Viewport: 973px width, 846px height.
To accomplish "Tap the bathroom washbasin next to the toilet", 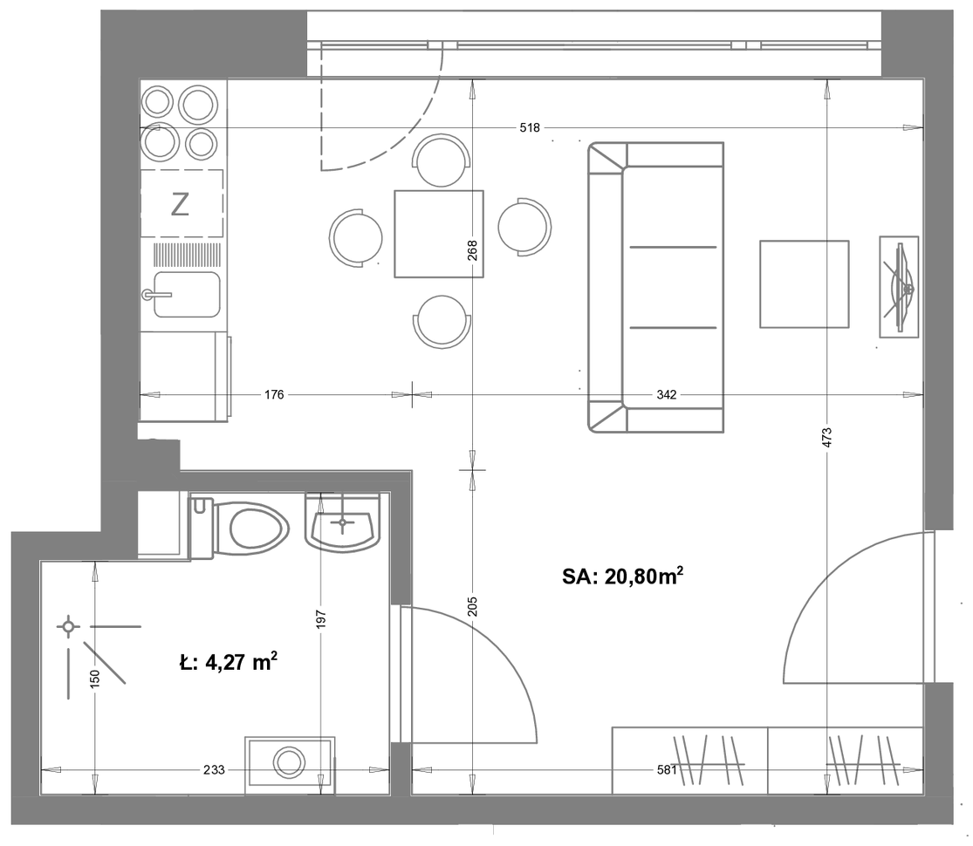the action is (x=343, y=522).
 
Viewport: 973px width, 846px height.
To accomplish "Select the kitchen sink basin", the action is (x=187, y=295).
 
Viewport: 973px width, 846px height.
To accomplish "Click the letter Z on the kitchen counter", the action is (x=180, y=204).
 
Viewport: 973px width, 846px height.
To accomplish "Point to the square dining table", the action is (x=439, y=234).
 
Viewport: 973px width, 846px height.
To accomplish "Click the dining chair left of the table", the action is (x=355, y=238).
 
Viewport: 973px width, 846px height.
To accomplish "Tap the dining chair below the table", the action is (x=442, y=322).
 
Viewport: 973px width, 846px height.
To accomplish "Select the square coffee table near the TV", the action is (x=805, y=284).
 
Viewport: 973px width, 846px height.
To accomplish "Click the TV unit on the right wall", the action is (x=899, y=287).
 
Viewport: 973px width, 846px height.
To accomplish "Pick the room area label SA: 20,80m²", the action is (x=623, y=577).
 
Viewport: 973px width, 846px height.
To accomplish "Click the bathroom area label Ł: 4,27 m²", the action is (x=229, y=663).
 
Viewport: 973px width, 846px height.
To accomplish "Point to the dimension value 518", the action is (x=530, y=127).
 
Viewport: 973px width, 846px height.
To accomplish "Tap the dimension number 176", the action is (x=274, y=394).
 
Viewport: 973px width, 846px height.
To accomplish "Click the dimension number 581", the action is (x=667, y=770).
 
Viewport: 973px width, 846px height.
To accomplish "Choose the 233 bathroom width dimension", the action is (x=214, y=770).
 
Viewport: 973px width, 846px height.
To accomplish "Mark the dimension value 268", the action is (x=472, y=250).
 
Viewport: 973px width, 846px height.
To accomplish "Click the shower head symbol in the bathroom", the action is (x=68, y=626).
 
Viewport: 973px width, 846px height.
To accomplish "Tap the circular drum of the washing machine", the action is (x=289, y=762).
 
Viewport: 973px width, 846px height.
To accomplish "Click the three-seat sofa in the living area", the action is (x=656, y=287).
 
